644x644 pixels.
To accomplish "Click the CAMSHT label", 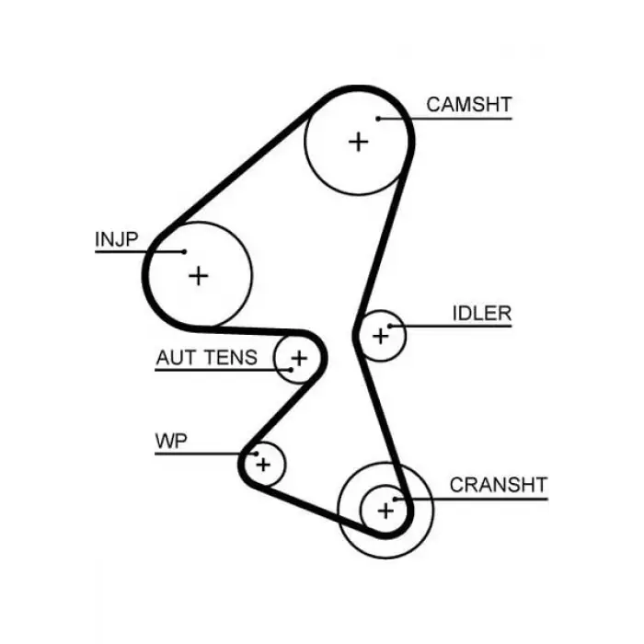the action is pyautogui.click(x=469, y=104).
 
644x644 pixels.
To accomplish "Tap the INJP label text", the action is pyautogui.click(x=117, y=239).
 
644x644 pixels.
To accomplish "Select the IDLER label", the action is pyautogui.click(x=482, y=314).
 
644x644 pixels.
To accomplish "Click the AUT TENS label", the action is pyautogui.click(x=207, y=357).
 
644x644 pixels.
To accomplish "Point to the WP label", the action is pyautogui.click(x=171, y=441).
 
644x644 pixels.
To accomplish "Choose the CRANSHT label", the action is pyautogui.click(x=499, y=485).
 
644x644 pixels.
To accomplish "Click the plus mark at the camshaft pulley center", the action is pyautogui.click(x=359, y=142).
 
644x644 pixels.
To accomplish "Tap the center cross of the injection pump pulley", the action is pyautogui.click(x=199, y=276).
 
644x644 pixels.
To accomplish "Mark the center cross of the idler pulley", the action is pyautogui.click(x=380, y=336).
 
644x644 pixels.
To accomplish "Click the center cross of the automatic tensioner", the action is pyautogui.click(x=299, y=358).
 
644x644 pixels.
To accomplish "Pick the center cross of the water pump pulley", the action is pyautogui.click(x=263, y=465).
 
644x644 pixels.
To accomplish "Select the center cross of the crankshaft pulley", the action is pyautogui.click(x=385, y=511).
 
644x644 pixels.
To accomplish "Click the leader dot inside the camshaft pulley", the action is pyautogui.click(x=378, y=119).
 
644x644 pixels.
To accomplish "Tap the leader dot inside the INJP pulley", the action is pyautogui.click(x=184, y=252).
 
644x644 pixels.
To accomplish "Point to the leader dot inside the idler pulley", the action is pyautogui.click(x=390, y=326).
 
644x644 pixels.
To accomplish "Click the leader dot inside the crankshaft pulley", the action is pyautogui.click(x=395, y=500).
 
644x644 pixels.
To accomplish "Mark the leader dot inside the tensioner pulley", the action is pyautogui.click(x=292, y=370).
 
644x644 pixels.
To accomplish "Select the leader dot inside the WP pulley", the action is pyautogui.click(x=256, y=454).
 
